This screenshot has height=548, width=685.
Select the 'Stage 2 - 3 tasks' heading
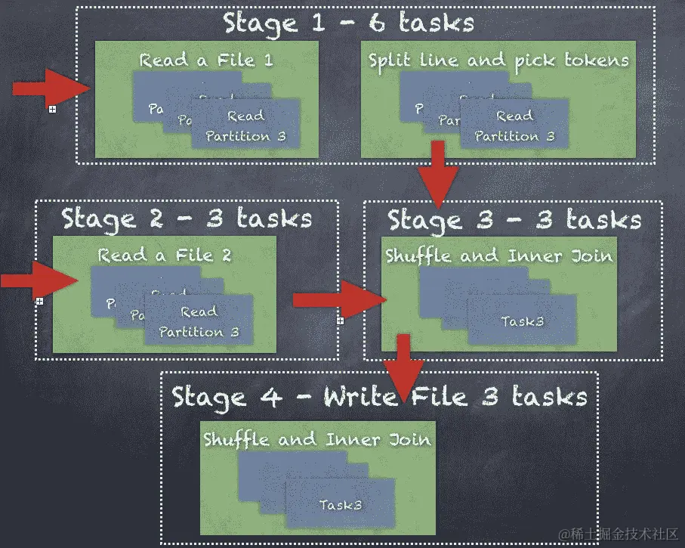(187, 218)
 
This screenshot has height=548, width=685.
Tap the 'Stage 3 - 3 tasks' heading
(514, 220)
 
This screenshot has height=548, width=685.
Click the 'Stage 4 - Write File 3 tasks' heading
(379, 396)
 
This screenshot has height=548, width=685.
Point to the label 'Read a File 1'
(206, 60)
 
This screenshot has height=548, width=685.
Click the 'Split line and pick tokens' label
(498, 60)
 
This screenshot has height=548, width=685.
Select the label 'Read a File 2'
(165, 255)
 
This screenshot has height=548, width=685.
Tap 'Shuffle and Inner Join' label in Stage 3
(498, 255)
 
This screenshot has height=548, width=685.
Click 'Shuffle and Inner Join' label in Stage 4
(317, 439)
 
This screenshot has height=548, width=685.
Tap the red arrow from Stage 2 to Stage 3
(338, 300)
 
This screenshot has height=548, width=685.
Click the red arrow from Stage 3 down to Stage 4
(403, 364)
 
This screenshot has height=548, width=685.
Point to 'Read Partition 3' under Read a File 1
(246, 126)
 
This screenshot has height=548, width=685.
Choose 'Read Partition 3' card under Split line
(515, 126)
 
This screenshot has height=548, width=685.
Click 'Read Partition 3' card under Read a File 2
(199, 322)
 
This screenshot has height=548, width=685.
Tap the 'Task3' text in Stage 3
(523, 321)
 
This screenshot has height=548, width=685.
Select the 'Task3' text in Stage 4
(340, 504)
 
